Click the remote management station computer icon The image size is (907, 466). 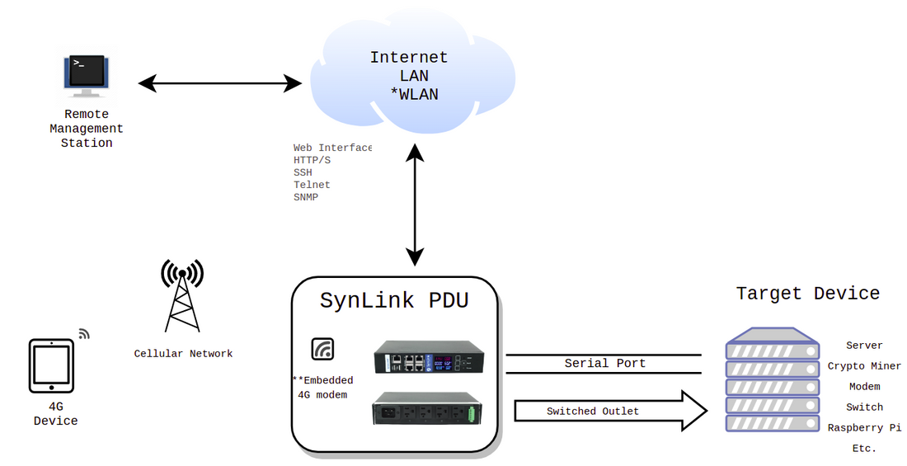(x=87, y=74)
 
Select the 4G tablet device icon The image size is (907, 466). (x=50, y=366)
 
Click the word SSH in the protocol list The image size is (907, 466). (x=303, y=172)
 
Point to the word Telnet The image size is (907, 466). (x=312, y=185)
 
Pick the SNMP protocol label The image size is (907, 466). (x=306, y=197)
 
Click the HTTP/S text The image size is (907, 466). (x=312, y=160)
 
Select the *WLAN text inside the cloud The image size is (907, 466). (x=414, y=95)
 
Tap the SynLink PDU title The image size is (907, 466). (x=394, y=300)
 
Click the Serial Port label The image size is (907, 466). (x=604, y=363)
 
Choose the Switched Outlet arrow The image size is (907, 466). (x=610, y=411)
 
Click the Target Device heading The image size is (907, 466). (x=807, y=294)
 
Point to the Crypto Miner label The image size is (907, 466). (x=864, y=366)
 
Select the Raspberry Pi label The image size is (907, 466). (x=864, y=427)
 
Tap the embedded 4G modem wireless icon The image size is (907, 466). (x=322, y=349)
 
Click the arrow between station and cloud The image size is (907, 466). (x=220, y=82)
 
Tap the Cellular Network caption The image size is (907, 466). (x=183, y=354)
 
